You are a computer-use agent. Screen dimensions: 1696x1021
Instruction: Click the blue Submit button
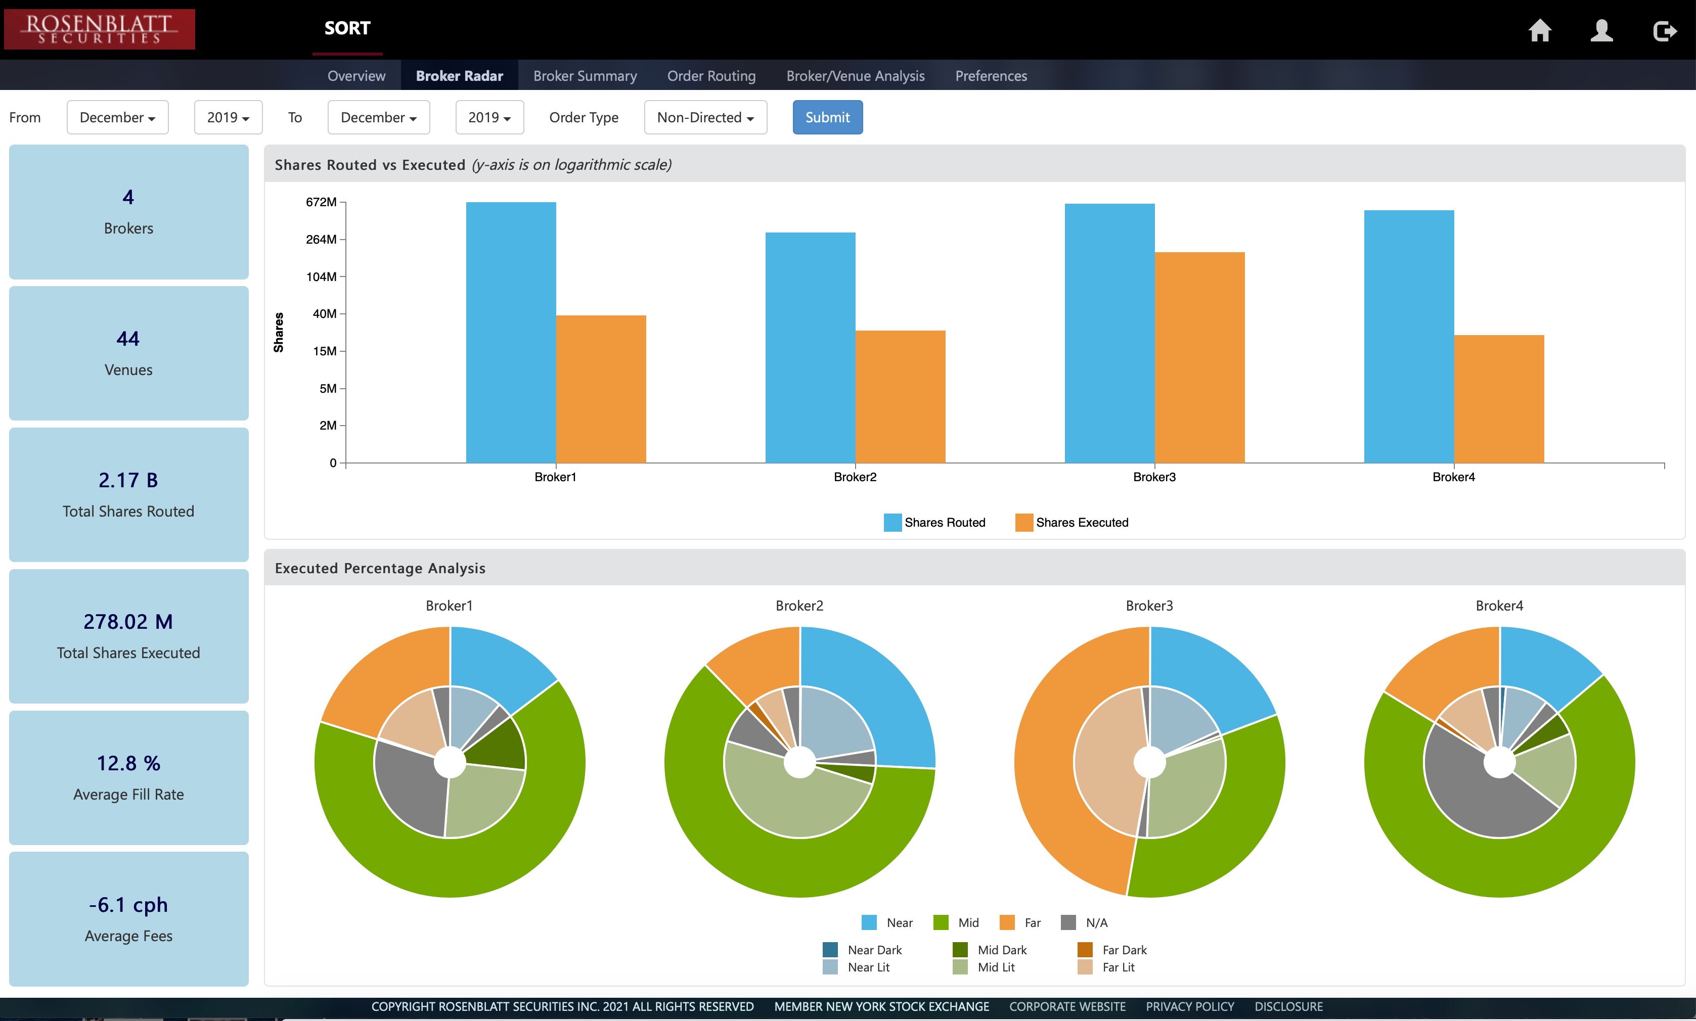coord(827,118)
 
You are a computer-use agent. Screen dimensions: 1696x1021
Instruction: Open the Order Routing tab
coord(711,76)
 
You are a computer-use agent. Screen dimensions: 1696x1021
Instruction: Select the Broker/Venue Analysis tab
coord(856,76)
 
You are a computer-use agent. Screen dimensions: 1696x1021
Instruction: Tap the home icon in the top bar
coord(1540,30)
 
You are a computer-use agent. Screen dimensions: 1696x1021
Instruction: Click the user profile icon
coord(1602,30)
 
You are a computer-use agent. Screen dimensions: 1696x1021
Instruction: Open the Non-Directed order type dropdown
coord(705,118)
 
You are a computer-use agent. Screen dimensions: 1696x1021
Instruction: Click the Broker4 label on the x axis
coord(1454,477)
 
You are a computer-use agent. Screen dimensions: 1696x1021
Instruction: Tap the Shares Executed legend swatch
coord(1023,522)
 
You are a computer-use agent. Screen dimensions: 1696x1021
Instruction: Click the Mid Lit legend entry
coord(985,966)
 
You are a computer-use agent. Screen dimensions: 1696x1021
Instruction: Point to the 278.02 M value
coord(128,621)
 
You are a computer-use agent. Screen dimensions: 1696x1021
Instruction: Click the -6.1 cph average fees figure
coord(128,905)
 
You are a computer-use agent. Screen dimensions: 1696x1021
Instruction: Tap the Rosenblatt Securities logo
coord(99,29)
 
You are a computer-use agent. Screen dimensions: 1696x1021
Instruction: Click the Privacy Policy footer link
coord(1189,1006)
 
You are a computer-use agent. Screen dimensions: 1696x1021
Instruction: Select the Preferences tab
coord(991,76)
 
